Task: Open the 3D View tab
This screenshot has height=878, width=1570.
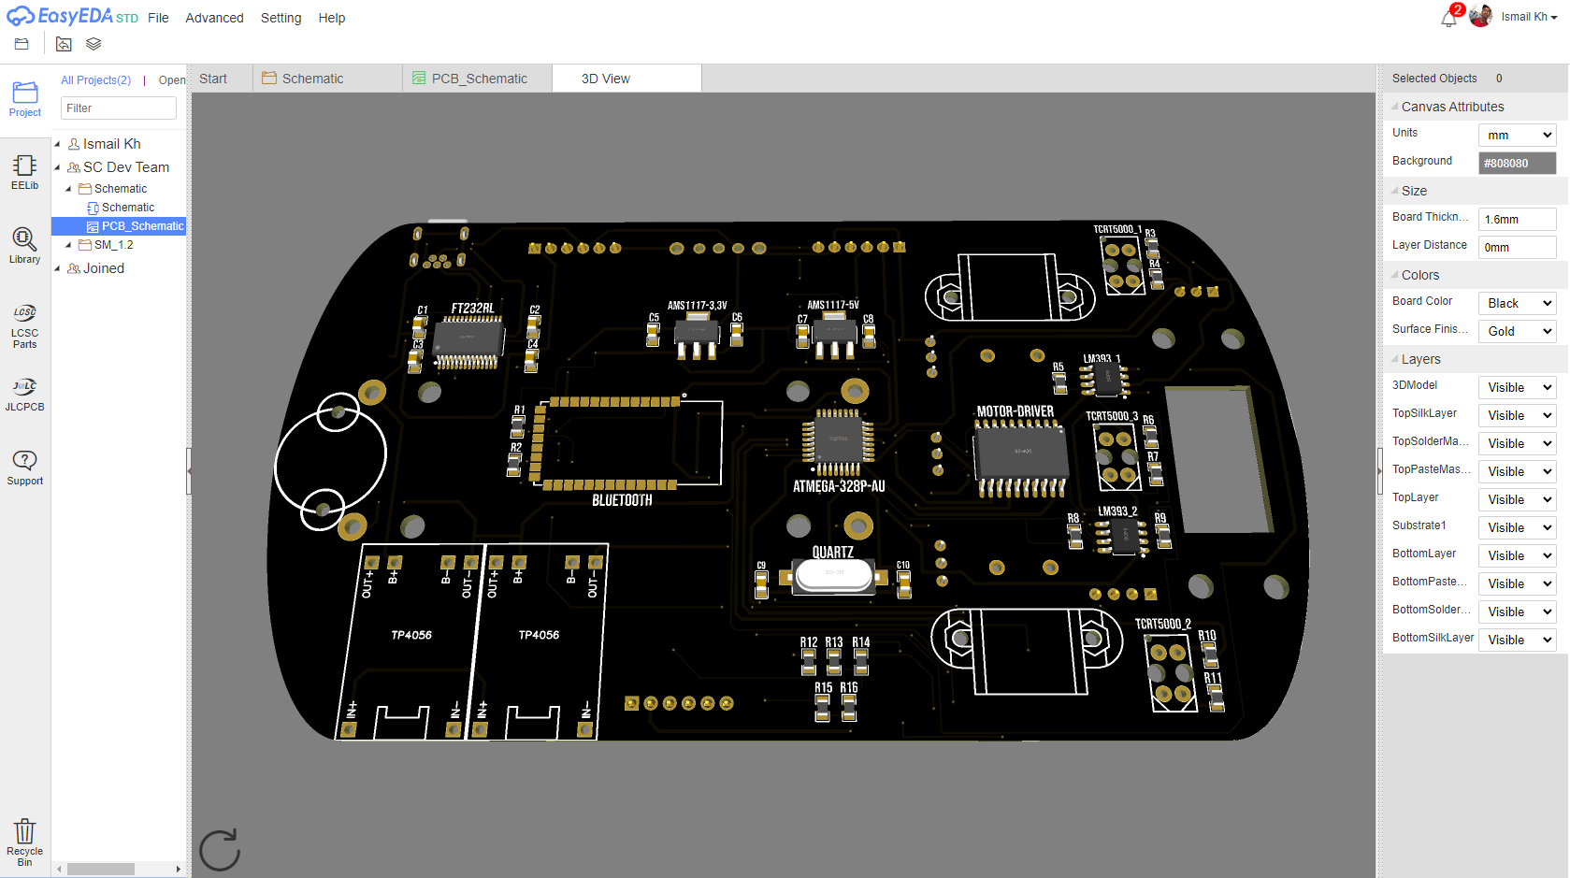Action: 605,79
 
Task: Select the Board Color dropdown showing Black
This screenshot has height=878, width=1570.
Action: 1517,303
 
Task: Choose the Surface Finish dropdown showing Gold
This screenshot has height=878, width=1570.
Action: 1517,331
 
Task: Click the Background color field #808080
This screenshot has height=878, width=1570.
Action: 1517,163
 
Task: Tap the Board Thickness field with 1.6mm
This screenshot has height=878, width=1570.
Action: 1517,219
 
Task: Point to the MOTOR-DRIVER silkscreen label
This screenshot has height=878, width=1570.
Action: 1015,411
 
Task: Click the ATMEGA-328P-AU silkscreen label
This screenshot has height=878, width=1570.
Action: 839,486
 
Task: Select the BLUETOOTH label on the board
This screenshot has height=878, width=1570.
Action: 622,500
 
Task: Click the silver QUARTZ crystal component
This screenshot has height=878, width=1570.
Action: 834,575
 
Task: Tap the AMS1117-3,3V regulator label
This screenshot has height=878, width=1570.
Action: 697,306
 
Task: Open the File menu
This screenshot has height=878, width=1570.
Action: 158,18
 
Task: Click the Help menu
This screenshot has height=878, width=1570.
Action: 331,18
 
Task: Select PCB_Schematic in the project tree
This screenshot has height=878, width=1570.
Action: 142,226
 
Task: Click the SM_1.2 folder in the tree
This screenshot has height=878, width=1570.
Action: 113,245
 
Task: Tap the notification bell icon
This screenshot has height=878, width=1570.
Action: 1448,18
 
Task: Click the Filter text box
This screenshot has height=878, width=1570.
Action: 119,108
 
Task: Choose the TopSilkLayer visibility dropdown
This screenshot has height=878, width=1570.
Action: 1517,415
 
